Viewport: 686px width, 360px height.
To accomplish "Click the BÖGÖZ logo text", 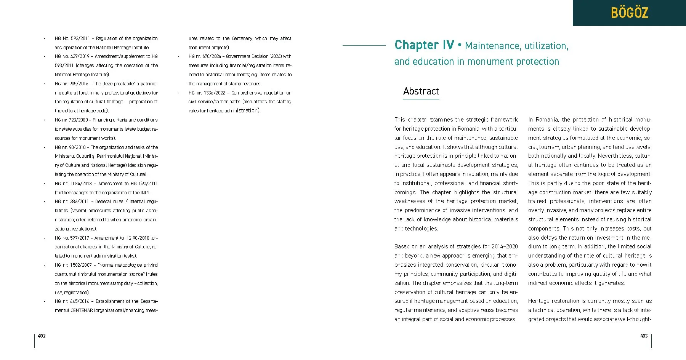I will pyautogui.click(x=629, y=13).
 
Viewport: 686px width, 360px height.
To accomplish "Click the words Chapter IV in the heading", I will pyautogui.click(x=424, y=45).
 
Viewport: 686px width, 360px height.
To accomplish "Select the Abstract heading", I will pyautogui.click(x=421, y=91).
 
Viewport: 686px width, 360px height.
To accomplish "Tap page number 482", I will pyautogui.click(x=42, y=336).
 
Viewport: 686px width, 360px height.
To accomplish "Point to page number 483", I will pyautogui.click(x=644, y=336).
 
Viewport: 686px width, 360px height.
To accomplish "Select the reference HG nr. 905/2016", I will pyautogui.click(x=71, y=84).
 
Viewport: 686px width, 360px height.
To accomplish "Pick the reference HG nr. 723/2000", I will pyautogui.click(x=71, y=120).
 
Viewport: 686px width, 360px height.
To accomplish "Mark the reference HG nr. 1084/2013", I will pyautogui.click(x=73, y=184).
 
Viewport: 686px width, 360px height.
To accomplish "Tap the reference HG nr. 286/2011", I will pyautogui.click(x=72, y=202).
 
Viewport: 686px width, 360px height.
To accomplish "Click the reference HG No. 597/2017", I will pyautogui.click(x=72, y=238).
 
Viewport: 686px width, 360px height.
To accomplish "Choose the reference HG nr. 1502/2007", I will pyautogui.click(x=73, y=265).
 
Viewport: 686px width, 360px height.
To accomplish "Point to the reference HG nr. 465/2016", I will pyautogui.click(x=72, y=301).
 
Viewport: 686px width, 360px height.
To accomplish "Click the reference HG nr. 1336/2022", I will pyautogui.click(x=207, y=93).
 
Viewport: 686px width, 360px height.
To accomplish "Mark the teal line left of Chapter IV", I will pyautogui.click(x=364, y=45).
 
